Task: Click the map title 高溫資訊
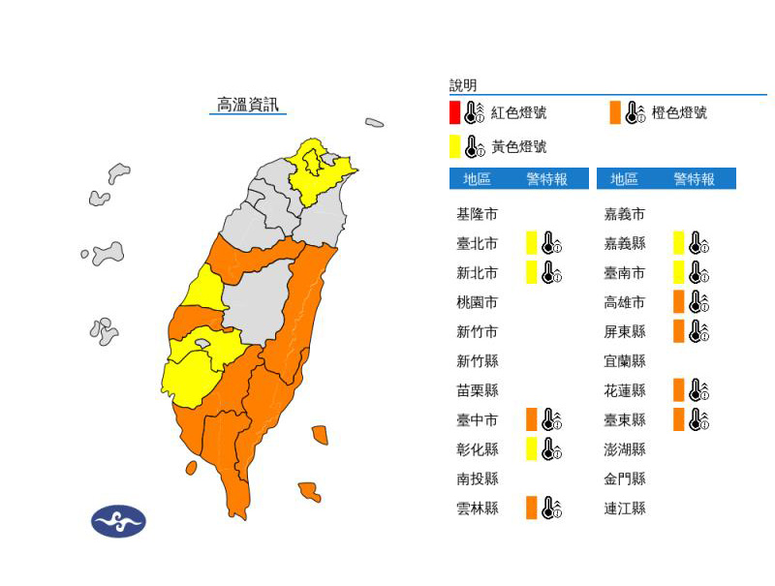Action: point(247,105)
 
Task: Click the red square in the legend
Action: point(454,112)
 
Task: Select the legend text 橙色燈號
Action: point(679,113)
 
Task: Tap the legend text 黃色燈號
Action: point(518,147)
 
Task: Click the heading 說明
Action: point(463,85)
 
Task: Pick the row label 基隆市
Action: point(477,214)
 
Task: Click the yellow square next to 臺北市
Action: point(531,242)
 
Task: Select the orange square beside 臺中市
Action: point(531,419)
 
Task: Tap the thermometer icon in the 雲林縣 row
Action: point(551,508)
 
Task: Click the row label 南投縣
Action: point(477,478)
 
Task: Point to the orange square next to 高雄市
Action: point(679,301)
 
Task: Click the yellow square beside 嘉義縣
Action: point(679,242)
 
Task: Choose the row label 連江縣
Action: point(625,508)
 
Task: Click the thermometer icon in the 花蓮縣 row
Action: point(699,390)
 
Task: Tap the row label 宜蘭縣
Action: point(625,360)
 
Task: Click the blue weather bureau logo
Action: point(118,521)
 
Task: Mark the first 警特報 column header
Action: point(546,179)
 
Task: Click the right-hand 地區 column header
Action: point(625,179)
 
